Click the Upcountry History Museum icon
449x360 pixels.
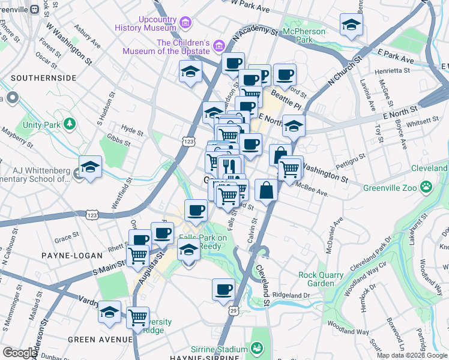point(186,23)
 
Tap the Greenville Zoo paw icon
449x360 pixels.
point(426,187)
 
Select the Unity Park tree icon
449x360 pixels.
point(71,124)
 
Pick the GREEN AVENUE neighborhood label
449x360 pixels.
point(100,340)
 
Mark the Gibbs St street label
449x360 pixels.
point(119,142)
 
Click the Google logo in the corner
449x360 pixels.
point(20,353)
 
